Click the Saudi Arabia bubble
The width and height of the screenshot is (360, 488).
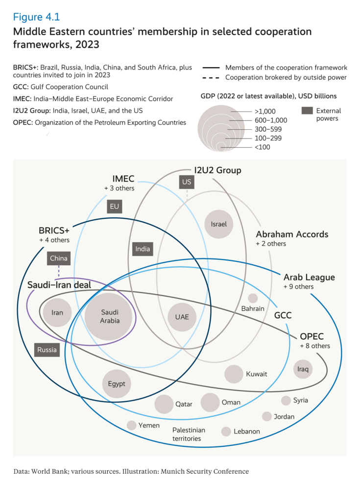(x=109, y=316)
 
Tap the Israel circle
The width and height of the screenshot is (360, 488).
(x=218, y=224)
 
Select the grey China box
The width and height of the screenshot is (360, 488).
(x=59, y=258)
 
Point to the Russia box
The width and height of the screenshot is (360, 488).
(x=47, y=349)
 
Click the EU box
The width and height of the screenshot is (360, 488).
(x=115, y=207)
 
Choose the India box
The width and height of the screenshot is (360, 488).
(x=143, y=249)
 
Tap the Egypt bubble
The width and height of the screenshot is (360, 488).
(x=117, y=383)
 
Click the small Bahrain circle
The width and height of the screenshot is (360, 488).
(x=253, y=298)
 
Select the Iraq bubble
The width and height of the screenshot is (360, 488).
(x=303, y=369)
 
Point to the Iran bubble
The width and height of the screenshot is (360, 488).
(x=57, y=312)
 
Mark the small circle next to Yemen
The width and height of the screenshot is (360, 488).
(x=131, y=425)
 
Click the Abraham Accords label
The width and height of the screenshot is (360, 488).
(x=292, y=234)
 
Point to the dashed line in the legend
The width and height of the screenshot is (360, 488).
(x=211, y=77)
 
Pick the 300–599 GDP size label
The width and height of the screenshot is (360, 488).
(x=268, y=129)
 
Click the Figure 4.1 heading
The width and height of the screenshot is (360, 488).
(x=37, y=18)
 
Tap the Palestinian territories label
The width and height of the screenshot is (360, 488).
(x=189, y=434)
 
